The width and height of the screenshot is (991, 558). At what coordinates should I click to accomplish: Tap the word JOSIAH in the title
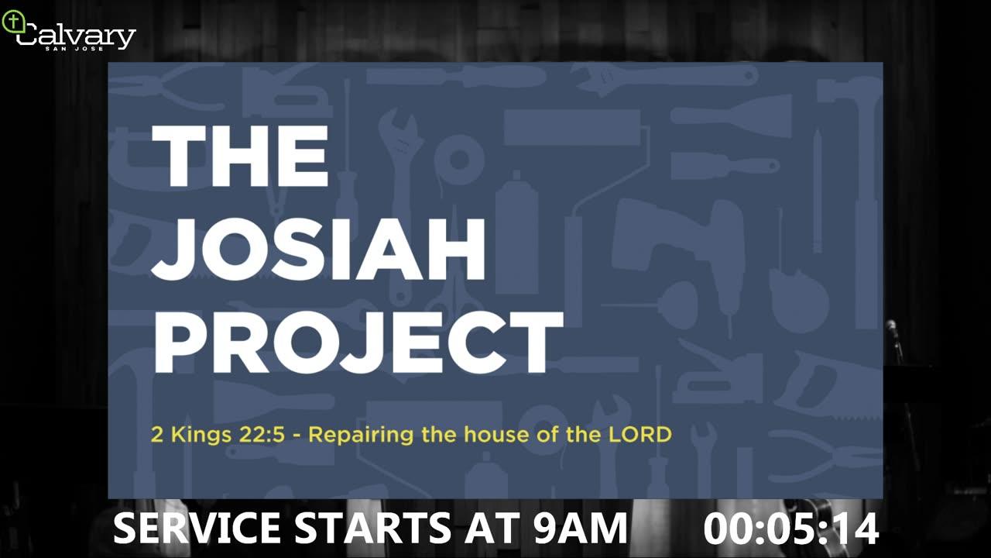pos(318,249)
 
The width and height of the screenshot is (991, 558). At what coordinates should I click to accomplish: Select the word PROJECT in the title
pos(358,343)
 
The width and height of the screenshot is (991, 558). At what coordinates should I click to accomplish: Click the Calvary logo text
pos(76,36)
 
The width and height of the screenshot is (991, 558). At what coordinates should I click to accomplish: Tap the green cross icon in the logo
pos(14,21)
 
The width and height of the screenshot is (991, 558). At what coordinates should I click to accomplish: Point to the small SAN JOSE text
pos(74,48)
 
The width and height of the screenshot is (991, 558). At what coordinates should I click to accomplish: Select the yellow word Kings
pos(201,436)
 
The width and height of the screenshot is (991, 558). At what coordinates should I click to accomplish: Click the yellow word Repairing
pos(361,436)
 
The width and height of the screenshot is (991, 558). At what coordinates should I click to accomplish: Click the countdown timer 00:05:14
pos(791,529)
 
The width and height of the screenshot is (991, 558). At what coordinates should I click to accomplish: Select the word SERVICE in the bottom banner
pos(197,528)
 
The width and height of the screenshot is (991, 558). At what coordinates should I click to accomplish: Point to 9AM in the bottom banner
pos(580,528)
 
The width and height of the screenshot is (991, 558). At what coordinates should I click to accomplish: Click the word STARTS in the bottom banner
pos(372,528)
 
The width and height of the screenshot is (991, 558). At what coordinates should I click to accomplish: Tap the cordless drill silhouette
pos(677,248)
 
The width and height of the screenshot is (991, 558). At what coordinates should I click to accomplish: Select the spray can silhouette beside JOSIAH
pos(516,235)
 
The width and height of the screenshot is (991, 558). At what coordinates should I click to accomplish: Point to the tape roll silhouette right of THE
pos(459,160)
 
